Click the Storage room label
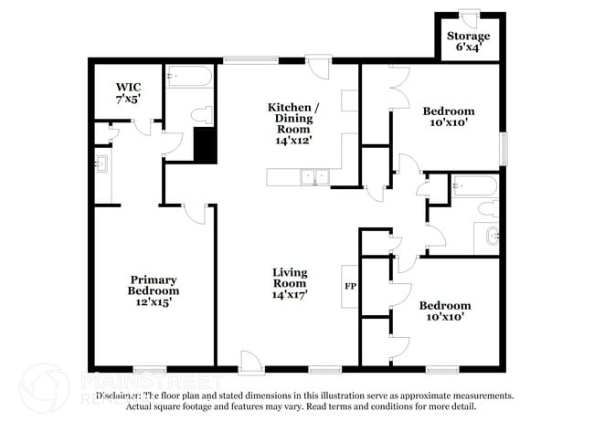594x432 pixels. coord(467,37)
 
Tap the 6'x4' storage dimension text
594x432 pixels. coord(467,49)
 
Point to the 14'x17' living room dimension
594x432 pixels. coord(290,294)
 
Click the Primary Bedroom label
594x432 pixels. coord(153,285)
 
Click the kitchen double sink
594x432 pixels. coord(313,176)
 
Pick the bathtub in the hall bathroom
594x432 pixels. coord(473,186)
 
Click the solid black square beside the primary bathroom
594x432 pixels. coord(205,144)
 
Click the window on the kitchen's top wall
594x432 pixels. coord(251,60)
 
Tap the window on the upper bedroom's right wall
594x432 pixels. coord(502,148)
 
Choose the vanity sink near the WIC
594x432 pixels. coord(101,164)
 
